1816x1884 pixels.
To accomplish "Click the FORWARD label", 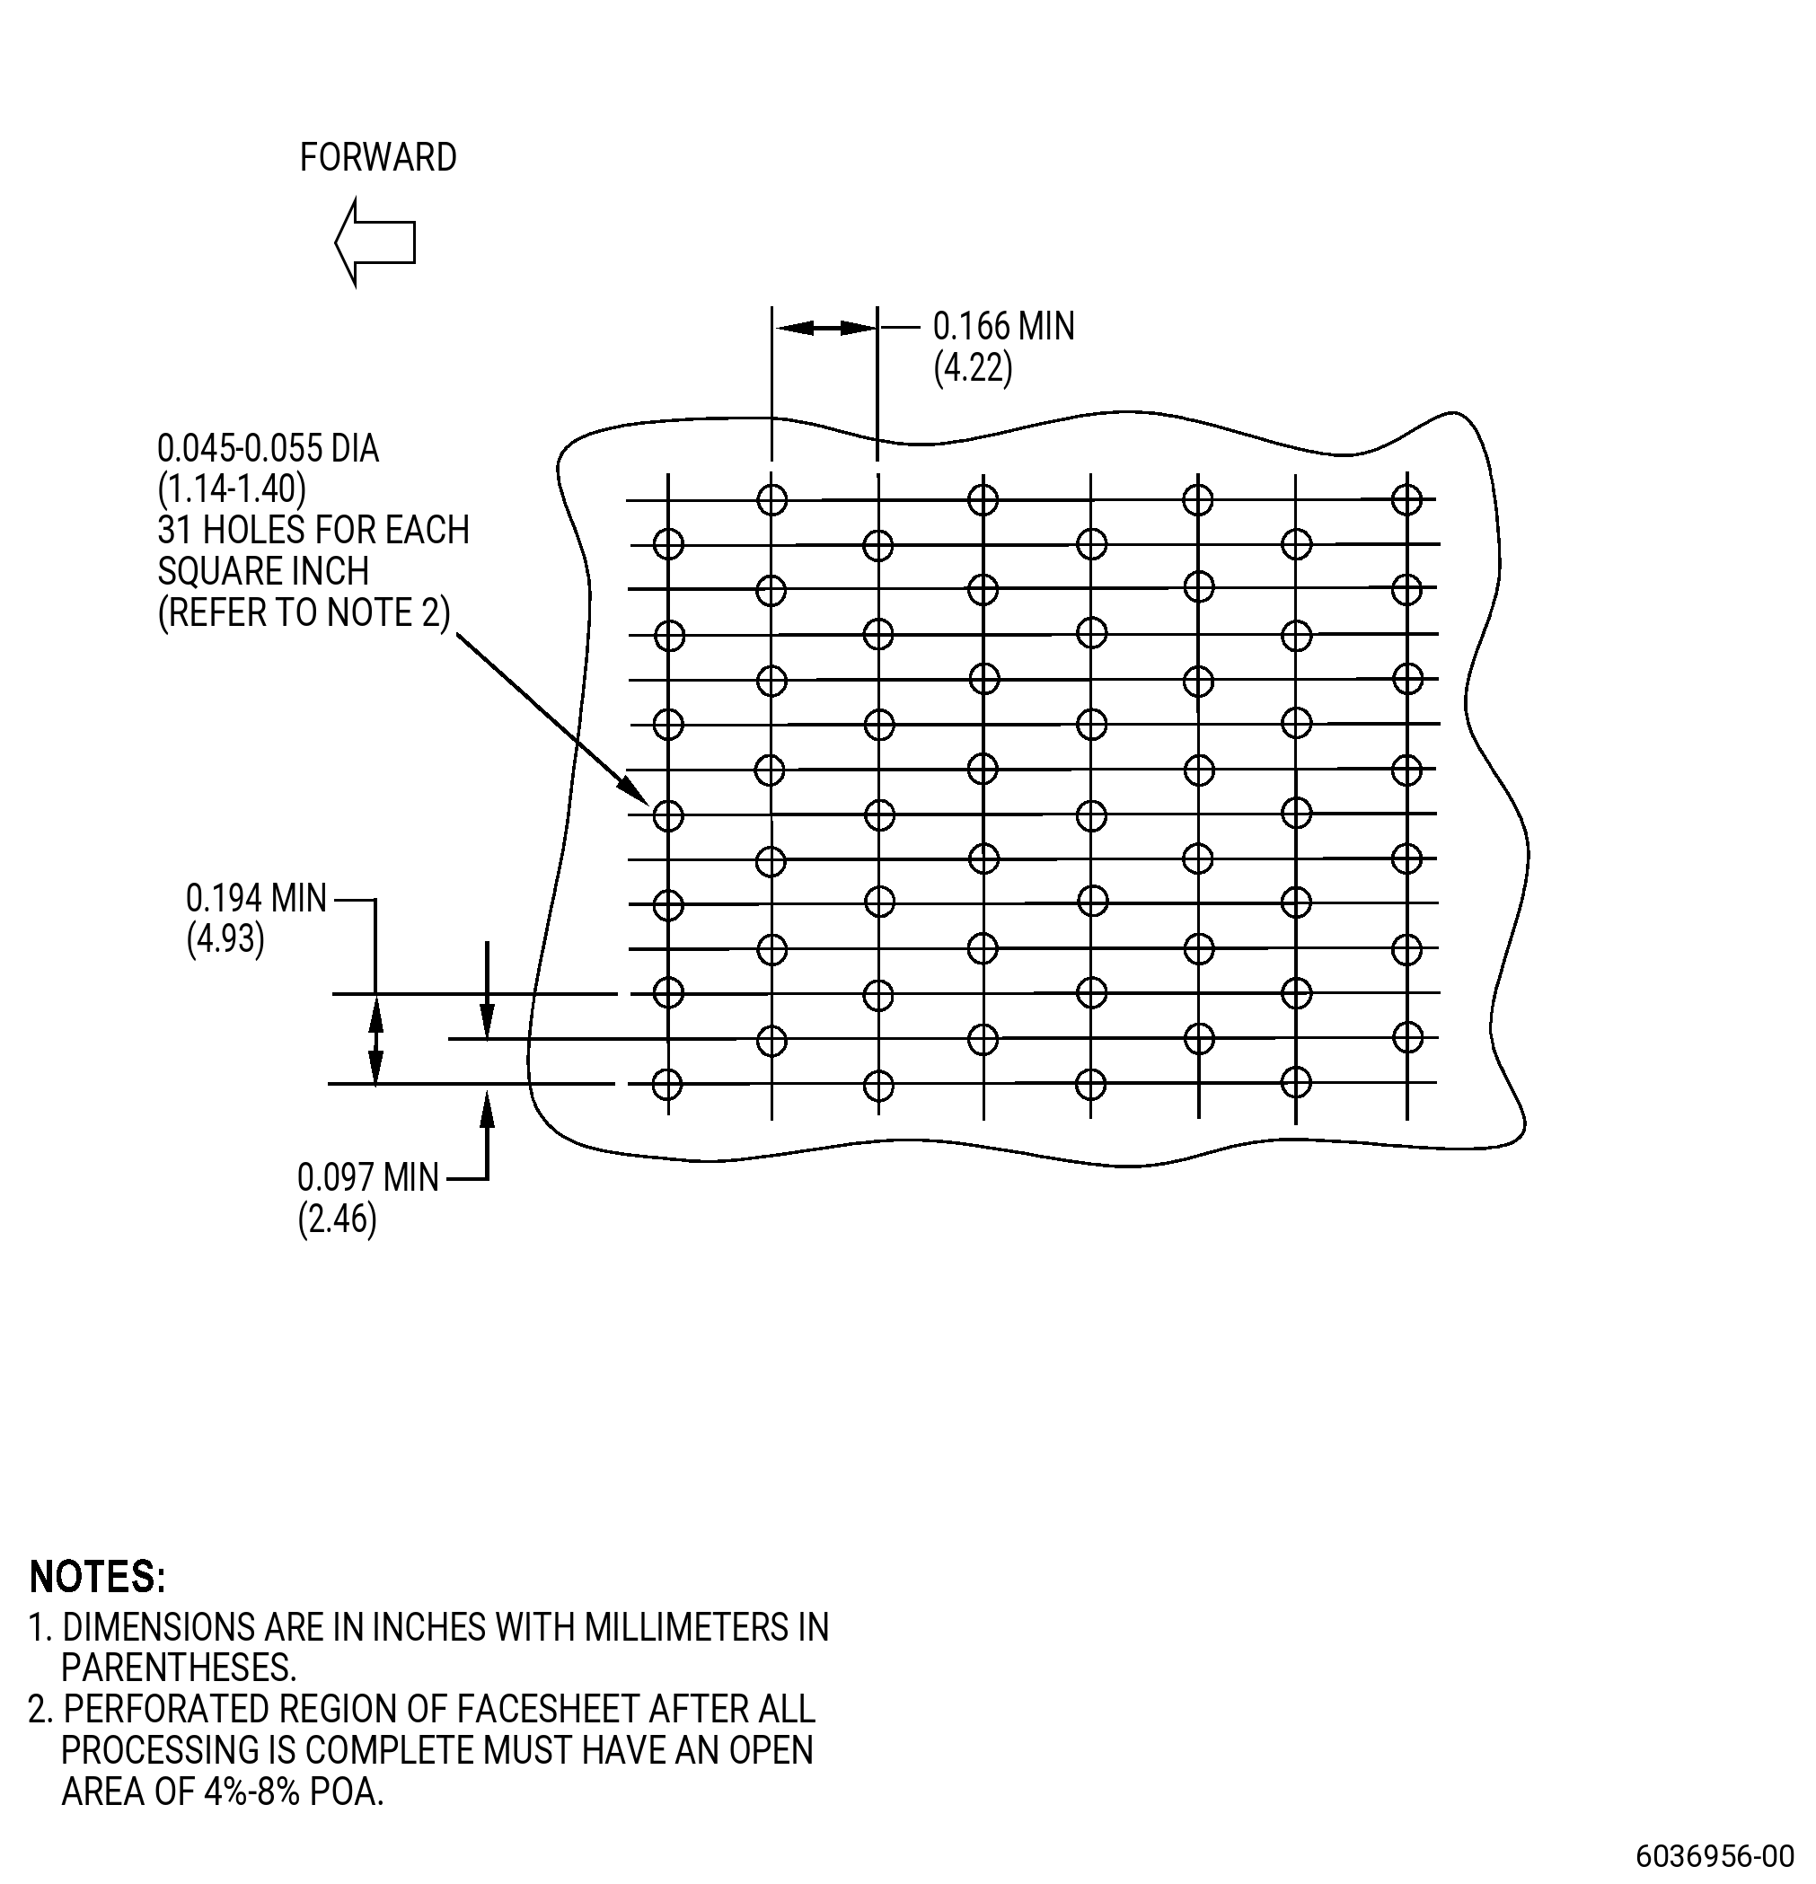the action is click(378, 158).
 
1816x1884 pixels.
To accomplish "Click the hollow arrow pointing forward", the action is click(375, 242).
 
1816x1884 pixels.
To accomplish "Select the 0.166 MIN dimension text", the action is click(1004, 327).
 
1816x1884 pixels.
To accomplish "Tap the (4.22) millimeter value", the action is click(973, 368).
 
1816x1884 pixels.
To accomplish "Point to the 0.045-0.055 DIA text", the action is click(269, 449).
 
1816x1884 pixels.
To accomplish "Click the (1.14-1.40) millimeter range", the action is click(232, 489).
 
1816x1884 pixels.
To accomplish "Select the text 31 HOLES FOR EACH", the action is click(313, 531).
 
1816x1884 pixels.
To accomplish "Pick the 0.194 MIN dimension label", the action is click(257, 898).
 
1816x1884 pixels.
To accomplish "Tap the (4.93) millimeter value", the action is click(225, 939).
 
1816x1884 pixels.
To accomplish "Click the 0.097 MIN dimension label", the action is click(368, 1177).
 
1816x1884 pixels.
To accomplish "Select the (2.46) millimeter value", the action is click(338, 1219).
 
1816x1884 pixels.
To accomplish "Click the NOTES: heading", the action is click(98, 1578).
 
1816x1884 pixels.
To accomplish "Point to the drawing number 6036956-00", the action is click(1715, 1855).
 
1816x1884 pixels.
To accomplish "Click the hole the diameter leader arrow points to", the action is click(668, 816).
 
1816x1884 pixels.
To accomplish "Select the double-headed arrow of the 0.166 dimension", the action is click(824, 329).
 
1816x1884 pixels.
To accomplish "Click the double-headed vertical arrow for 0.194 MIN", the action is click(376, 1039).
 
